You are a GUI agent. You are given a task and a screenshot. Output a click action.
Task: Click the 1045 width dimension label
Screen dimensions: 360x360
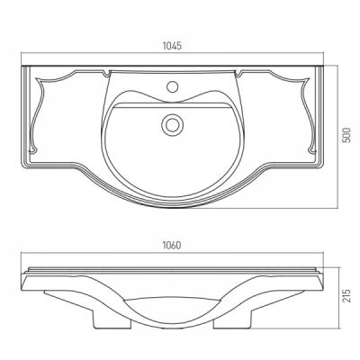click(x=172, y=46)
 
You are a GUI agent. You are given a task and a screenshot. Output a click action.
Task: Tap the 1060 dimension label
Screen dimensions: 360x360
click(x=172, y=245)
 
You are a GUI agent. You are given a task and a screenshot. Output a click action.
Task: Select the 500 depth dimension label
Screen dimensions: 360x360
click(x=346, y=135)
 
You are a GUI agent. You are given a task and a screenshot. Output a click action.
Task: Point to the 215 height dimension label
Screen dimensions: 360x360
click(x=346, y=295)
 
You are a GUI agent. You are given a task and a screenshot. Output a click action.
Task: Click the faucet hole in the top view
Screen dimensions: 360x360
click(x=172, y=86)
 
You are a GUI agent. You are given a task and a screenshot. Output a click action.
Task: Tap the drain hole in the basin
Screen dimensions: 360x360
click(x=172, y=124)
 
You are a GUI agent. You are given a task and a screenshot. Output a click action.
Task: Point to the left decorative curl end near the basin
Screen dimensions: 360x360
click(x=106, y=73)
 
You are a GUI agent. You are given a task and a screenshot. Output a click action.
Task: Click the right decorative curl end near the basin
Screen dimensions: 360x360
click(x=238, y=73)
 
